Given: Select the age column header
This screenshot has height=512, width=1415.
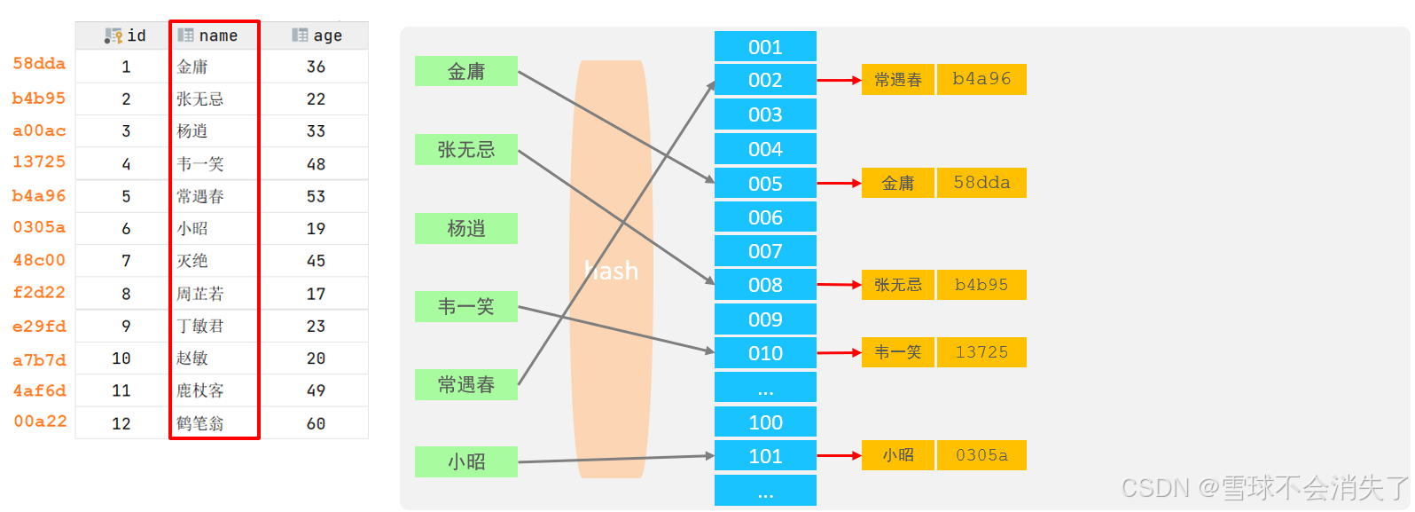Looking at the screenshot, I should pyautogui.click(x=317, y=35).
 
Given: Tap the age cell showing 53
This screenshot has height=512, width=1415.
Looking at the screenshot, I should pyautogui.click(x=316, y=196).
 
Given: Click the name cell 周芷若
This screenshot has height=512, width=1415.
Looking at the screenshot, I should pyautogui.click(x=200, y=294).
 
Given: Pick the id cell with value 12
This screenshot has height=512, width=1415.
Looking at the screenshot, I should pyautogui.click(x=121, y=423).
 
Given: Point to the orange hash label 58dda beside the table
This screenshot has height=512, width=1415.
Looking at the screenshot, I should pyautogui.click(x=39, y=64).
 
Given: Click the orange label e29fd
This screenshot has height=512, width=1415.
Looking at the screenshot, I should pyautogui.click(x=39, y=327).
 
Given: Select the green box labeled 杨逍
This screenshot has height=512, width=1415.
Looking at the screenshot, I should pyautogui.click(x=465, y=228).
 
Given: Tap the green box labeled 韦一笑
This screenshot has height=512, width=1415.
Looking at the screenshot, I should pyautogui.click(x=465, y=307).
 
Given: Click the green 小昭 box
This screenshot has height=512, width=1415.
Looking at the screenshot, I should pyautogui.click(x=465, y=461).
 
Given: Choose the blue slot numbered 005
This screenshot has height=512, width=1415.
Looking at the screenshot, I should pyautogui.click(x=765, y=184).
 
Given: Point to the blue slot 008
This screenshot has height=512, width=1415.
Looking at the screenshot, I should pyautogui.click(x=765, y=285).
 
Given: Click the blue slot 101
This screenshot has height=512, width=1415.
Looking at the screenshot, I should pyautogui.click(x=765, y=456).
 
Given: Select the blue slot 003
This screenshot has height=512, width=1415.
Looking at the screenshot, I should pyautogui.click(x=765, y=114).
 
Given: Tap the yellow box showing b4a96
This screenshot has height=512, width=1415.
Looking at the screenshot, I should pyautogui.click(x=981, y=79).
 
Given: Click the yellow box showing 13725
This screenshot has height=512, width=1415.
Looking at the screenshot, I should pyautogui.click(x=981, y=352).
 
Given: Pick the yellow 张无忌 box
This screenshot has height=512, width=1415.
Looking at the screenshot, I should pyautogui.click(x=897, y=285).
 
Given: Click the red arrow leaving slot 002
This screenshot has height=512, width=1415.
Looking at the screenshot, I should pyautogui.click(x=838, y=80).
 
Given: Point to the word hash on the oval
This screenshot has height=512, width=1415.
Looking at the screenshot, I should pyautogui.click(x=612, y=271).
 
